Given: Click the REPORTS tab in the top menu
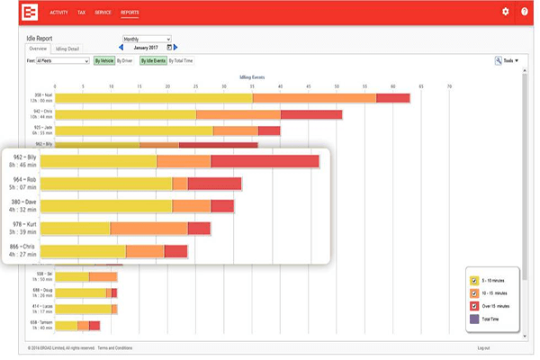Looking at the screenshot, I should coord(130,12).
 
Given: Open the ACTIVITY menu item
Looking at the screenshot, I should coord(59,12).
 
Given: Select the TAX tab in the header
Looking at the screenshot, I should coord(83,12).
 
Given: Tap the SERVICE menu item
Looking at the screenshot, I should coord(103,12).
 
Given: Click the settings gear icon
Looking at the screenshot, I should coord(506,12).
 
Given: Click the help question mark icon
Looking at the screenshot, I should coord(526,12).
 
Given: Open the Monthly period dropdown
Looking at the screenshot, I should coord(145,40).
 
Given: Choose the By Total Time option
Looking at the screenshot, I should coord(182,61).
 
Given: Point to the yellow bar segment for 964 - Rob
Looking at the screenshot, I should coord(106,184).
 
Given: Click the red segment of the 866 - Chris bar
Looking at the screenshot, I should coord(176,251).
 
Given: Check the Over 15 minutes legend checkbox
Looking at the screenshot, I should coord(474,306).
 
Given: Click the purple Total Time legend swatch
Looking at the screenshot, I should coord(474,318).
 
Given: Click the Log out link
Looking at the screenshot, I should coord(483,347).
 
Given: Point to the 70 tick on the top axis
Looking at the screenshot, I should coord(449,86).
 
